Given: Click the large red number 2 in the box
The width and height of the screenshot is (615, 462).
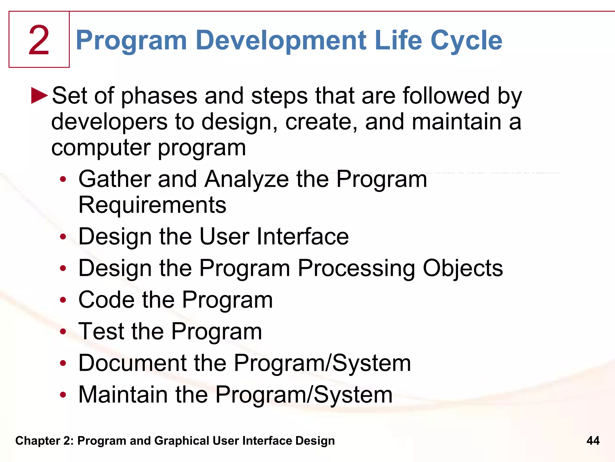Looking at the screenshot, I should point(39,40).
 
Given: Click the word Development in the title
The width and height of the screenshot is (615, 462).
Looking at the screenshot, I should point(281,40).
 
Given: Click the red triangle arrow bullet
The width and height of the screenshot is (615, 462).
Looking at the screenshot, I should point(39,96).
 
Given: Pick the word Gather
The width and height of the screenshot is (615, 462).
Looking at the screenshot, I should point(114,179).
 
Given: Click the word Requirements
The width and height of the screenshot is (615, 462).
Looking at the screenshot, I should point(152,205).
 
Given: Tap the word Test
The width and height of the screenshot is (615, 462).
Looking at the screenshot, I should point(101,331).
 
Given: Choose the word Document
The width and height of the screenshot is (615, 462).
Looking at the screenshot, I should point(132,363).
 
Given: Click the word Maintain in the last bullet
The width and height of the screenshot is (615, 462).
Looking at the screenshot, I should point(123,395).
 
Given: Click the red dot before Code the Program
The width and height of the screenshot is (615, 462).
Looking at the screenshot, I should point(63,300).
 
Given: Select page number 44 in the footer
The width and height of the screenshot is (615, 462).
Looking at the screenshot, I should point(593,441).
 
